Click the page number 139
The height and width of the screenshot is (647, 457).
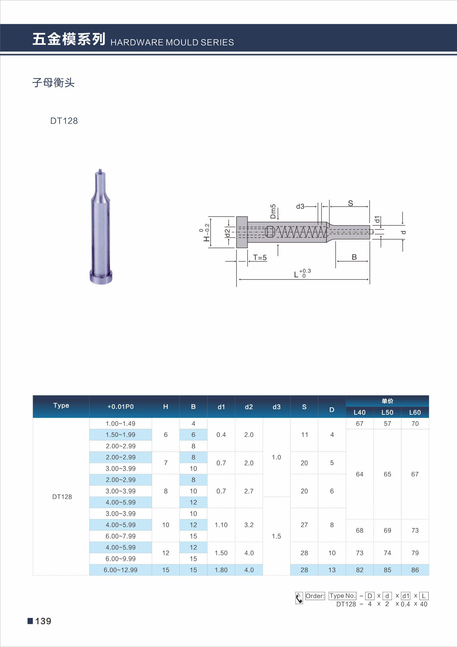click(43, 621)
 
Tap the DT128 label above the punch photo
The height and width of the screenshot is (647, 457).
click(64, 121)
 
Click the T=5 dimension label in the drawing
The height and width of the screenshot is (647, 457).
click(260, 258)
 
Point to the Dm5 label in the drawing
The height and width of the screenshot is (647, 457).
click(273, 211)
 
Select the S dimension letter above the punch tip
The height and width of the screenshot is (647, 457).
click(350, 203)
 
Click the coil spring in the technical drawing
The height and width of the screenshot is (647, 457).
click(301, 232)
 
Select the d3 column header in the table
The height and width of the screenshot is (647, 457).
click(276, 407)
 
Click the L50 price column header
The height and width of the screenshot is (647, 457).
click(387, 412)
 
